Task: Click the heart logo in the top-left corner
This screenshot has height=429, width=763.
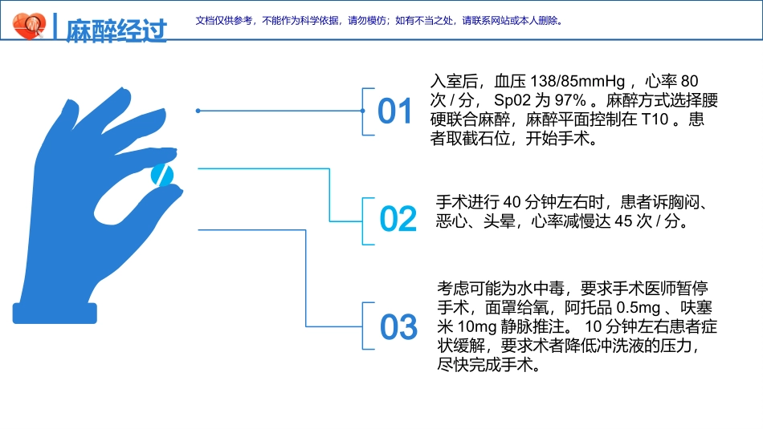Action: (31, 27)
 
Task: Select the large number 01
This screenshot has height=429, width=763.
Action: (395, 111)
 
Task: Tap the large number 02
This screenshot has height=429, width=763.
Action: (398, 219)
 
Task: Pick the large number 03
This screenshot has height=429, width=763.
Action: (399, 327)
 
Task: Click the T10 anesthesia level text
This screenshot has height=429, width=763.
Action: (655, 119)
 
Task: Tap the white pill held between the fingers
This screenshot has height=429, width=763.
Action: (162, 176)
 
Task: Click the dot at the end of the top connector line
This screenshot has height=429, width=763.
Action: (198, 111)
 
